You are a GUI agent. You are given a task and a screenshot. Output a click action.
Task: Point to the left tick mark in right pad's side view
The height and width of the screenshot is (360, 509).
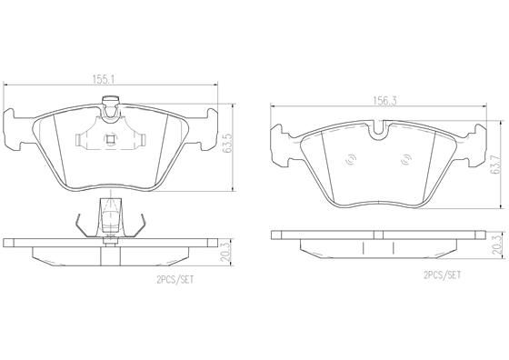tap(362, 247)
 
